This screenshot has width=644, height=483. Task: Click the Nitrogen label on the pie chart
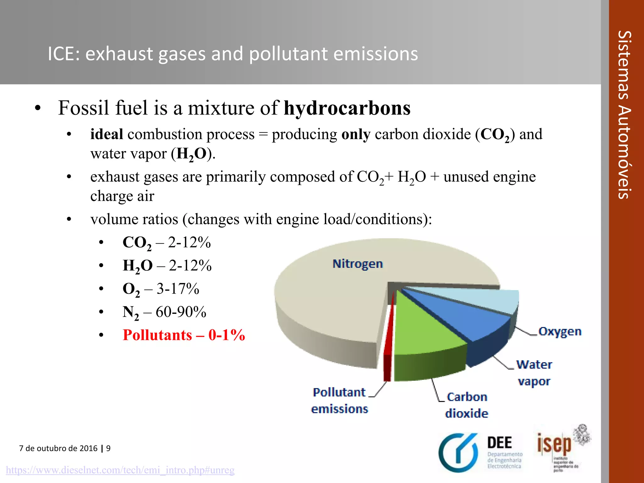coord(358,264)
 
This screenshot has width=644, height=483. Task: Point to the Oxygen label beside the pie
coord(560,331)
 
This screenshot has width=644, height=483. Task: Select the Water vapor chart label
coord(534,373)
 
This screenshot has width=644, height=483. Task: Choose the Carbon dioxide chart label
coord(467,405)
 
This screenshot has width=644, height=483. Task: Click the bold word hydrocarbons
coord(347,108)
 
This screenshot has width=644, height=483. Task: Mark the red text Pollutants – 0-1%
coord(184,335)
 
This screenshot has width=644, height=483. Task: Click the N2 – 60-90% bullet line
coord(164,312)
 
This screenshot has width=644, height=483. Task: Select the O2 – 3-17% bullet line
coord(161,289)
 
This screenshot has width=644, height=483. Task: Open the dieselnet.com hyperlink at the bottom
coord(120,470)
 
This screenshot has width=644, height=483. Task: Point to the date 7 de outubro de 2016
coord(58,448)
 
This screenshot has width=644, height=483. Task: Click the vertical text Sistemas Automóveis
coord(624,115)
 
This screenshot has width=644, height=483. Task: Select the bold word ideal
coord(106,134)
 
